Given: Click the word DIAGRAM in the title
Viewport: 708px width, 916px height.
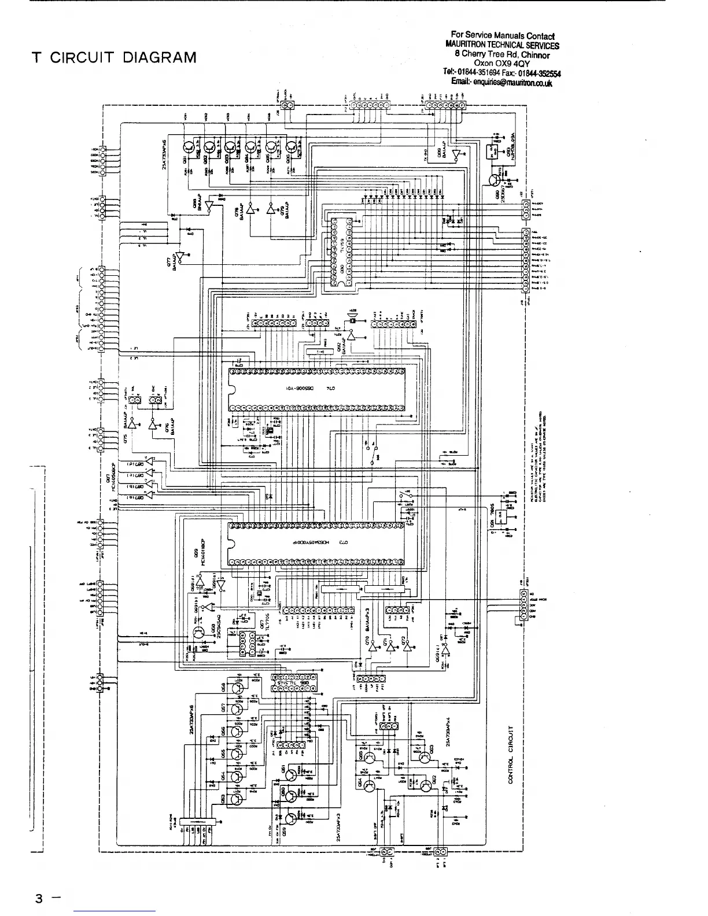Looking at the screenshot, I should [x=157, y=57].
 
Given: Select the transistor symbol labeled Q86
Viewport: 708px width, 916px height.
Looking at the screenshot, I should [x=290, y=149].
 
